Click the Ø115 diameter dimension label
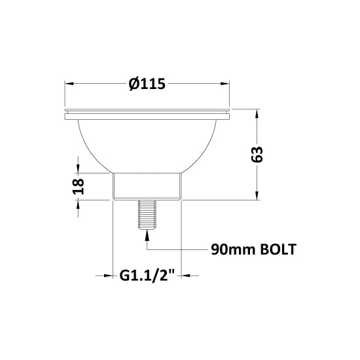(x=147, y=84)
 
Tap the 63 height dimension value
(x=257, y=154)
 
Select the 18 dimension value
(x=79, y=186)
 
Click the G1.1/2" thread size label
(x=147, y=276)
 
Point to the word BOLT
(x=278, y=249)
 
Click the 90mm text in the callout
(x=233, y=249)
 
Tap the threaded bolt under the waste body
(x=147, y=214)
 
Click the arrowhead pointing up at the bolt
(x=147, y=234)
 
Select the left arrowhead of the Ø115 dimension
(x=70, y=84)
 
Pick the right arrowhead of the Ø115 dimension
(x=224, y=84)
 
